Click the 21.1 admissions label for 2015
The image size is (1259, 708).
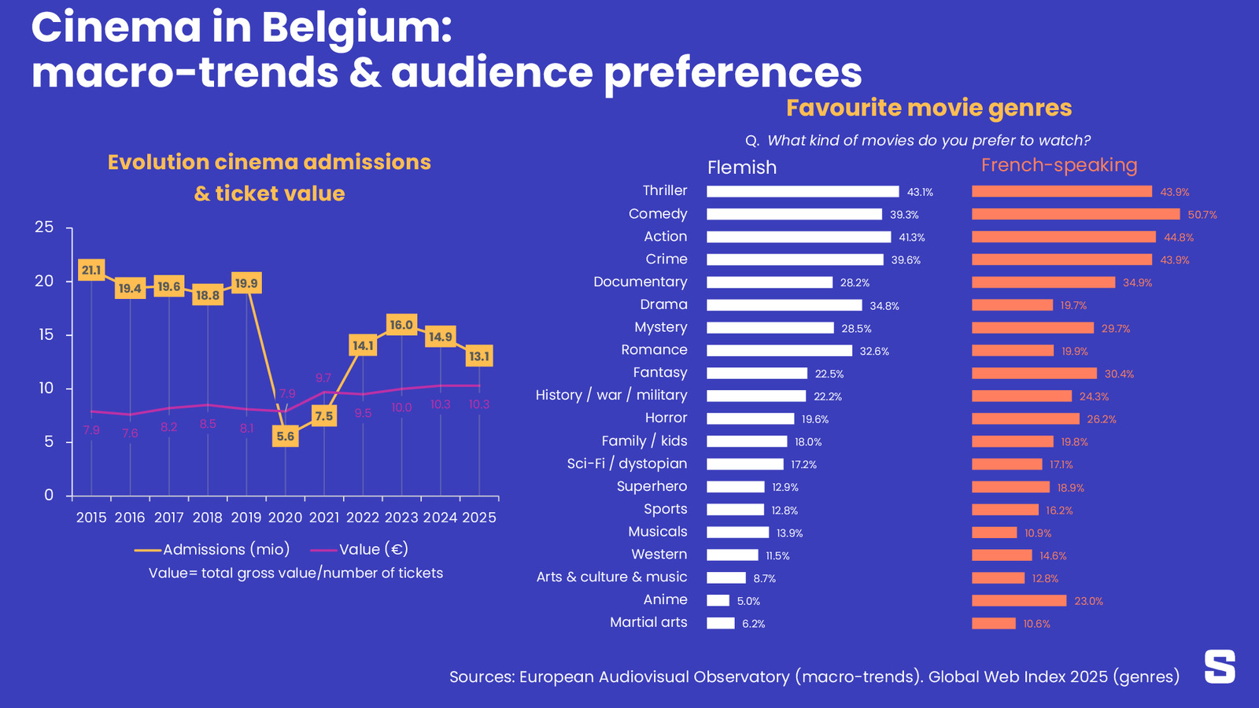pos(91,271)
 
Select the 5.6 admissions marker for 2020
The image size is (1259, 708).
pos(286,437)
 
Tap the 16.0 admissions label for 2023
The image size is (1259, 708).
pos(401,325)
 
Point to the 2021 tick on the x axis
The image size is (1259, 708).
pos(324,518)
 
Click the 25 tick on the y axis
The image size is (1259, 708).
pos(45,227)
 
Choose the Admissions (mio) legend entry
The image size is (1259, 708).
pos(212,550)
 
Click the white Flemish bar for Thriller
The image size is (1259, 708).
pos(803,192)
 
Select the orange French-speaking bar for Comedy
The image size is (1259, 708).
pos(1076,214)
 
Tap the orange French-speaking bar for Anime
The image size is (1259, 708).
pos(1019,601)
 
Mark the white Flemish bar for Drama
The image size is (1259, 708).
pos(785,305)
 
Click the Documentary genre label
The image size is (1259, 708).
pos(640,282)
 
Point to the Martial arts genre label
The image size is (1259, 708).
pos(648,622)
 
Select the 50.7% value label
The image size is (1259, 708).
pos(1202,215)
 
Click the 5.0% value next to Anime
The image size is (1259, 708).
pos(748,601)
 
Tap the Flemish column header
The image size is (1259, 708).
pos(742,168)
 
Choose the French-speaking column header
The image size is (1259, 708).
pos(1059,165)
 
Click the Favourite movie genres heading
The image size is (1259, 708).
pos(929,108)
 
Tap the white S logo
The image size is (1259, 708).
pos(1220,666)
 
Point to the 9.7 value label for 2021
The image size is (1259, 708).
pos(323,378)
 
